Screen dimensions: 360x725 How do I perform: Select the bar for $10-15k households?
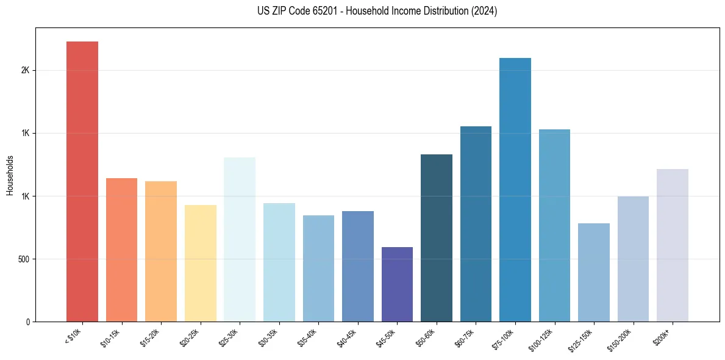[x=121, y=250]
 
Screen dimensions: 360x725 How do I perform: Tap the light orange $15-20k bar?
[x=161, y=251]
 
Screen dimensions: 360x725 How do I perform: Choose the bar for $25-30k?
[x=240, y=240]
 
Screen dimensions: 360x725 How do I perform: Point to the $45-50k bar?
[x=397, y=284]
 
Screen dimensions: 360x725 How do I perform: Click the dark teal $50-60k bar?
[x=437, y=238]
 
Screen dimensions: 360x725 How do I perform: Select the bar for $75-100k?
[x=515, y=190]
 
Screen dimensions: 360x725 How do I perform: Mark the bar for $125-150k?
[x=594, y=273]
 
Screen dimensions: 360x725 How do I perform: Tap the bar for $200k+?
[x=673, y=245]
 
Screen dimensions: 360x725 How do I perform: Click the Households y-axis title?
[x=10, y=175]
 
